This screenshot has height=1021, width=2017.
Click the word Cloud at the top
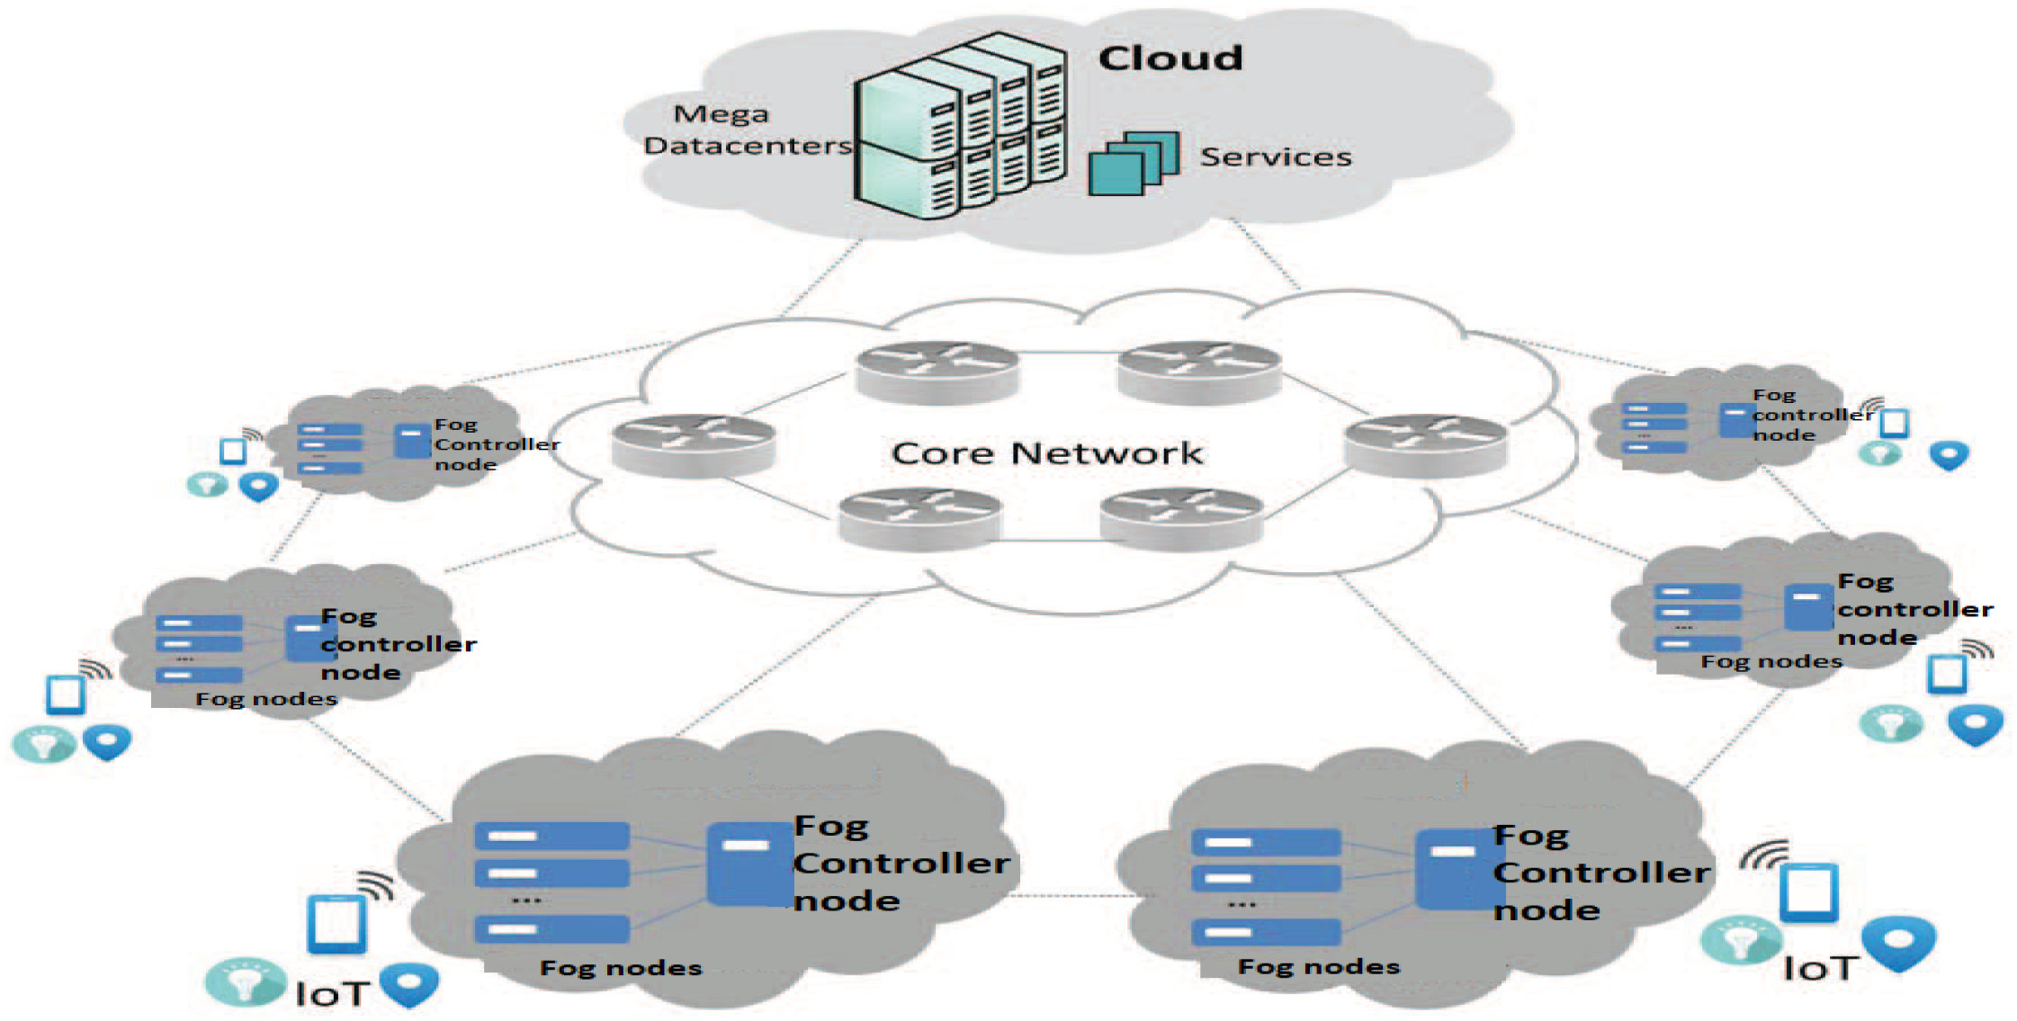(1170, 58)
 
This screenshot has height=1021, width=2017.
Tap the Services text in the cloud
(1276, 157)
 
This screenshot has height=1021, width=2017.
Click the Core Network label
(1046, 453)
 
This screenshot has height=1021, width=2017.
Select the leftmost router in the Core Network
(693, 443)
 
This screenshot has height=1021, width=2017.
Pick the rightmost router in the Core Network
(1425, 443)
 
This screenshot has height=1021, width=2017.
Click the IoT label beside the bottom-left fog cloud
(332, 994)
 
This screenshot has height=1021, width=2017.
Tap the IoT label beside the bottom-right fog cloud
(1819, 969)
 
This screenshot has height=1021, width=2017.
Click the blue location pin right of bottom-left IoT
(410, 984)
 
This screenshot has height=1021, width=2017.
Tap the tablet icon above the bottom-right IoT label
(1808, 892)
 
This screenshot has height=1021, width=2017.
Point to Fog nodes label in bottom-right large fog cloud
(1319, 967)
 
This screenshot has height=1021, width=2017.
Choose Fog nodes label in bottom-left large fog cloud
(621, 968)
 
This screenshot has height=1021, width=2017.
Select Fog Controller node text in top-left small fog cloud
(496, 444)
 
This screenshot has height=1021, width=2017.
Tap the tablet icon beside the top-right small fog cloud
(1894, 423)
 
